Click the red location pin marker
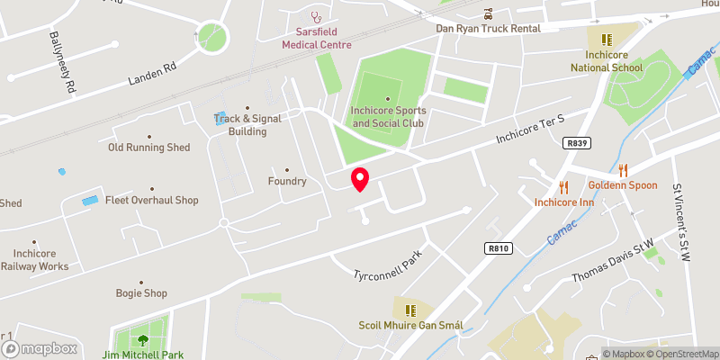click(x=359, y=179)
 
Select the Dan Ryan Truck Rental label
click(x=488, y=28)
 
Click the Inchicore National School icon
click(x=607, y=40)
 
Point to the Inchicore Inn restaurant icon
click(x=564, y=186)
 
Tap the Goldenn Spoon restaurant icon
click(x=622, y=169)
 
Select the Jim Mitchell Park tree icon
click(x=142, y=339)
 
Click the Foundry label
click(x=288, y=181)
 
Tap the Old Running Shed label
click(x=149, y=147)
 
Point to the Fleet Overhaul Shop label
click(x=151, y=200)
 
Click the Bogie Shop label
click(x=141, y=292)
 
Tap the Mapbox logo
click(x=40, y=348)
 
